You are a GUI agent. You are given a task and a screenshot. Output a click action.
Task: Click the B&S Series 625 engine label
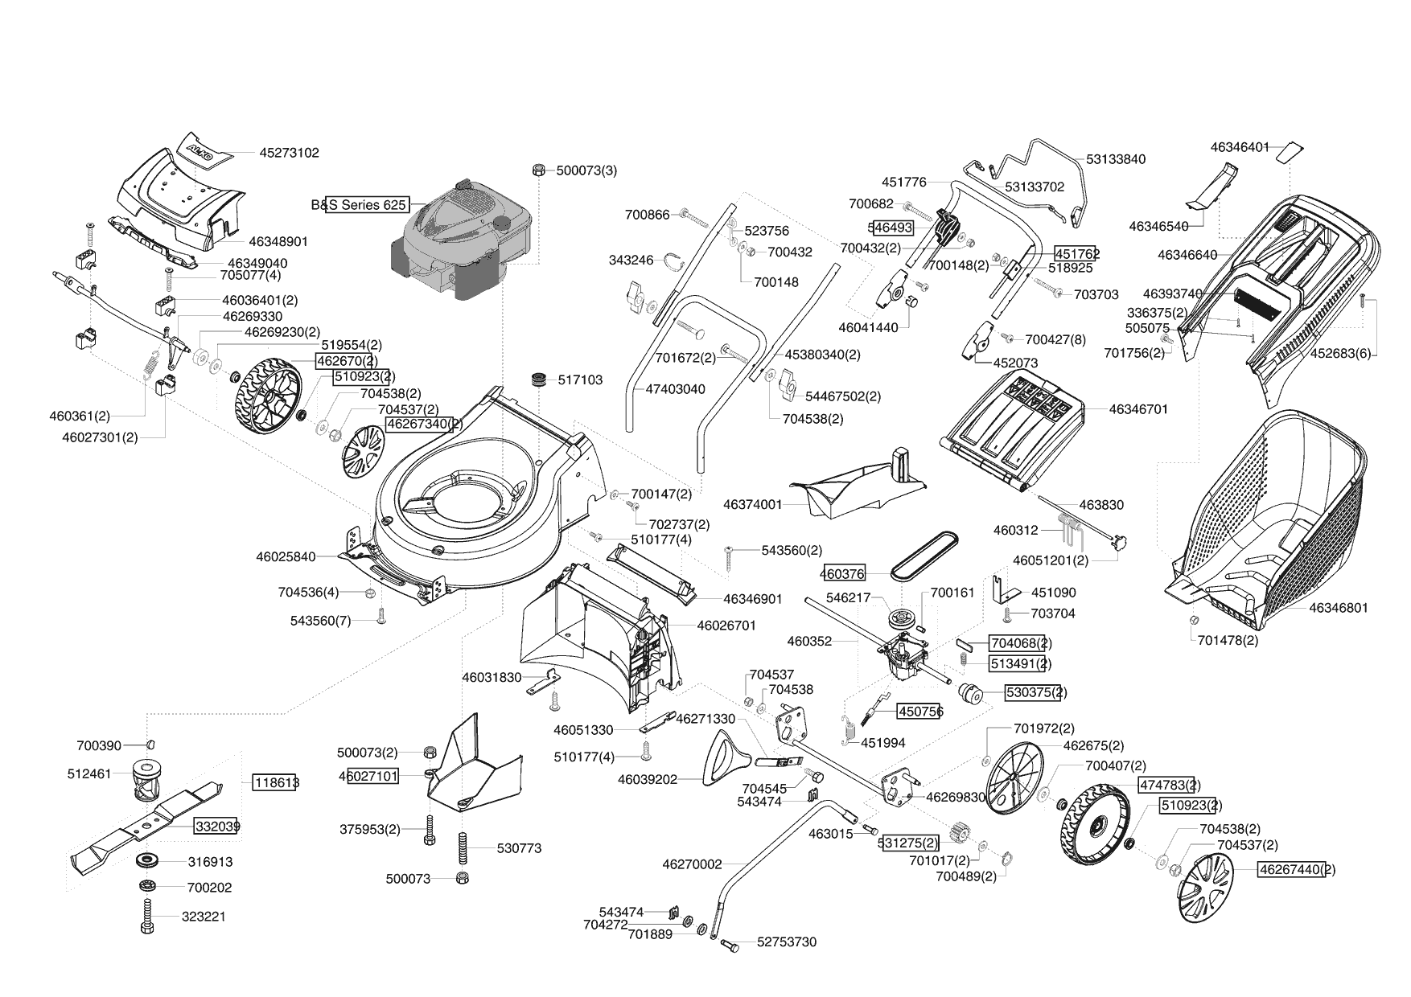tap(360, 205)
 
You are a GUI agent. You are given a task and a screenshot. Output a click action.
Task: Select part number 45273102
tap(289, 152)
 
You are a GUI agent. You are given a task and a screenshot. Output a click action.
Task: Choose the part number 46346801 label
tap(1338, 608)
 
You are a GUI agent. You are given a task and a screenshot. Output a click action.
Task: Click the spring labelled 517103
tap(537, 380)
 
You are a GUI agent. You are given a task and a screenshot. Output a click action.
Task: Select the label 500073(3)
tap(586, 170)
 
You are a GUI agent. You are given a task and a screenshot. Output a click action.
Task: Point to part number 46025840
tap(286, 556)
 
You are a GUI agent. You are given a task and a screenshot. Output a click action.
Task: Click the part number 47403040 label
tap(675, 389)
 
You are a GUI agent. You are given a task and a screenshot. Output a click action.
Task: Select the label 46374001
tap(752, 505)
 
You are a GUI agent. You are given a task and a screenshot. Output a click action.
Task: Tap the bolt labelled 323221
tap(147, 916)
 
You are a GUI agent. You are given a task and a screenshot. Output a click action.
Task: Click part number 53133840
tap(1115, 159)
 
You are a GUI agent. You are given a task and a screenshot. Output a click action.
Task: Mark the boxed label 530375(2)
tap(1035, 692)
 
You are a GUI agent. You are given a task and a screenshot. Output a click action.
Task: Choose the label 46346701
tap(1138, 409)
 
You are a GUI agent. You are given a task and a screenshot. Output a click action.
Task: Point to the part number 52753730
tap(786, 942)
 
